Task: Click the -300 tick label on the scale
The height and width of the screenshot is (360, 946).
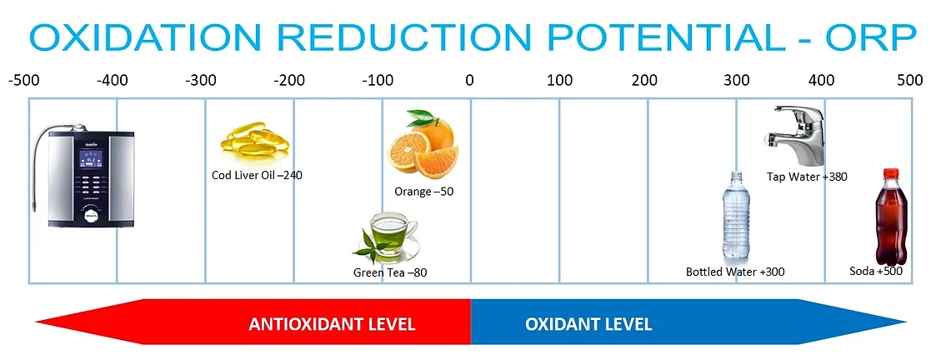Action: pos(201,80)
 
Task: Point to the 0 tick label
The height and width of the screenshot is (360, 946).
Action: pos(469,80)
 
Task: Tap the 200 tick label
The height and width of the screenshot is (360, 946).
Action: pos(645,80)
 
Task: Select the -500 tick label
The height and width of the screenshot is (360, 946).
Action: pos(23,80)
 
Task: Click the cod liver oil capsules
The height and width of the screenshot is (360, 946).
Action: pos(254,138)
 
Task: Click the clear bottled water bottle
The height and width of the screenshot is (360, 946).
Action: pos(736,215)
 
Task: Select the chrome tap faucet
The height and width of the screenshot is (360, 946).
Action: pos(796,135)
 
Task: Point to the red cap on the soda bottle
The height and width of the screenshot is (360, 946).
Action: pos(891,173)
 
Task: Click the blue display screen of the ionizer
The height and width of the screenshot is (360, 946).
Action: pos(91,158)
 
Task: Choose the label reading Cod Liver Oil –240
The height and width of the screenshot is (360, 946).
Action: pos(257,176)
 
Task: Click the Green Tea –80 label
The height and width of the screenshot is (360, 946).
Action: pos(390,272)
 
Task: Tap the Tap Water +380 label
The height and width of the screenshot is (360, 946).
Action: pos(808,177)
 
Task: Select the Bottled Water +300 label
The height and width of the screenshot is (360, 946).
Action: pos(735,272)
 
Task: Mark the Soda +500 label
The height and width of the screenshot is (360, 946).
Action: pos(876,272)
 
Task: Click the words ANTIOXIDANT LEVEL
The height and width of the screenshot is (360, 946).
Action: pos(332,324)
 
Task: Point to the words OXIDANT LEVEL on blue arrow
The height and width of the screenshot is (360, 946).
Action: pos(588,324)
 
